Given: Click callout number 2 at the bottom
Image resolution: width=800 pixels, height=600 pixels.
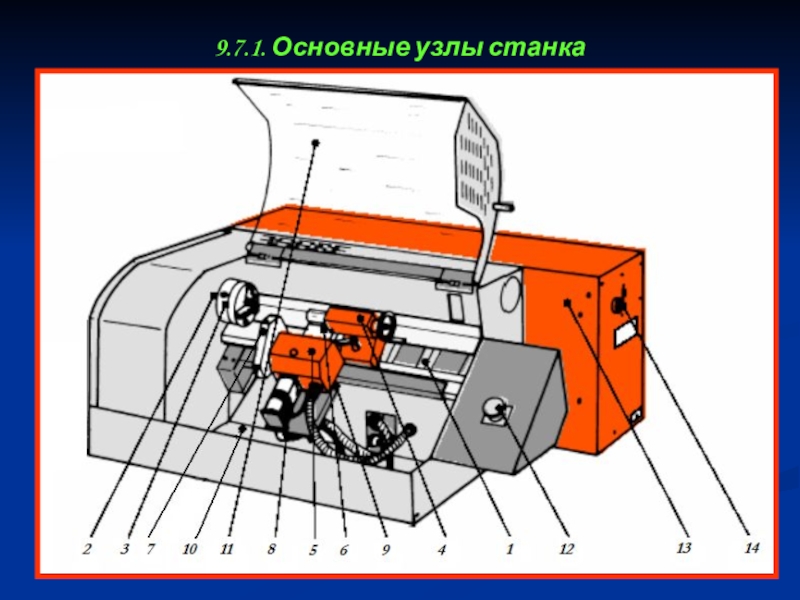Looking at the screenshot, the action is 87,549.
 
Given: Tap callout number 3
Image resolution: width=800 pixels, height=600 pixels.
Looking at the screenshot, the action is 125,549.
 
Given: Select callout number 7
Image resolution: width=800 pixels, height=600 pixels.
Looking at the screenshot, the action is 150,549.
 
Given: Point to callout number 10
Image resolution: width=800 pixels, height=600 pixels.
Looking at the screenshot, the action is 189,549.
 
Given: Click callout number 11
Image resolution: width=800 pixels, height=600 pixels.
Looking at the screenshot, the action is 227,549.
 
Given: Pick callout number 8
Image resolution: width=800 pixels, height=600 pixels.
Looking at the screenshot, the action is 271,549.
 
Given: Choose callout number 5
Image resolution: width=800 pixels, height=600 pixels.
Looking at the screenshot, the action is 313,549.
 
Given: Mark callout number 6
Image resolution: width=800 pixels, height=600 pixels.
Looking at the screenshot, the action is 344,549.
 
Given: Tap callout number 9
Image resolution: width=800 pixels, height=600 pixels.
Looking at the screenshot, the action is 385,549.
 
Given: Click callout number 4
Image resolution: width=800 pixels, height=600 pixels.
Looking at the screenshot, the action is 442,549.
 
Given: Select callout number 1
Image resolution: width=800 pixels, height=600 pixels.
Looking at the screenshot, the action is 509,549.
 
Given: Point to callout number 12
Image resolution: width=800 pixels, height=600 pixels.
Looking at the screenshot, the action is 566,549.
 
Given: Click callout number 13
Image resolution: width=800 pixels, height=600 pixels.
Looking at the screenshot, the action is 684,547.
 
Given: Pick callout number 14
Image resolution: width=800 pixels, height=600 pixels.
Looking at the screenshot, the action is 752,547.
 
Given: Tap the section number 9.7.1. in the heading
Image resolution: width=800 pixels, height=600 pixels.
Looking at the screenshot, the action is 241,48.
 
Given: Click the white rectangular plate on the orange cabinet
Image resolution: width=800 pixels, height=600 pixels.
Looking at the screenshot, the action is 627,332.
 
